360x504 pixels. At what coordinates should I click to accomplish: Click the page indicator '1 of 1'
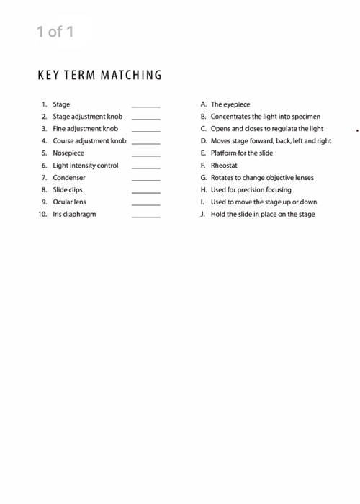click(x=55, y=32)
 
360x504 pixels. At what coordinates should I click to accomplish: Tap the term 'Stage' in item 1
click(x=61, y=104)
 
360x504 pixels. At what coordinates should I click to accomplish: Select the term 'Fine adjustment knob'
click(x=85, y=129)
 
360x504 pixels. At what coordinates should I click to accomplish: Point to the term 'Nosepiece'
click(x=68, y=153)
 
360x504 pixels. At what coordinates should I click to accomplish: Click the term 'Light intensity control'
click(x=85, y=166)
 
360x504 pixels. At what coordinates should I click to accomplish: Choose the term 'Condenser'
click(x=69, y=178)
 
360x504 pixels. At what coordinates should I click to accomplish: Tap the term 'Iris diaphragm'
click(x=74, y=215)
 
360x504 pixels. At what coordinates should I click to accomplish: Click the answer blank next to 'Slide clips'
click(x=146, y=192)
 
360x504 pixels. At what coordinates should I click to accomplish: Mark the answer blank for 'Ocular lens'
click(x=146, y=204)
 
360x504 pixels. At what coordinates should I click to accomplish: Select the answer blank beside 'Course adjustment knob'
click(x=146, y=143)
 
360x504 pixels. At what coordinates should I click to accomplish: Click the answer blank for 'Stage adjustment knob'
click(x=146, y=118)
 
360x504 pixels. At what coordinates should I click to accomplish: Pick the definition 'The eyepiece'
click(x=230, y=104)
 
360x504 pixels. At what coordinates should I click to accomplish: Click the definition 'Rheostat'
click(x=225, y=166)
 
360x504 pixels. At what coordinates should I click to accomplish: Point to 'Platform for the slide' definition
click(x=242, y=153)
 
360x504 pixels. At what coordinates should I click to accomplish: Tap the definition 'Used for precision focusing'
click(x=251, y=190)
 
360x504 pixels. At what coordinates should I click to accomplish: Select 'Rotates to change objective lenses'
click(x=262, y=178)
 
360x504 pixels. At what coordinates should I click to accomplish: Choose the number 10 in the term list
click(x=42, y=215)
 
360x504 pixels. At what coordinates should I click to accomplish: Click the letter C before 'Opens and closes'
click(x=204, y=129)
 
